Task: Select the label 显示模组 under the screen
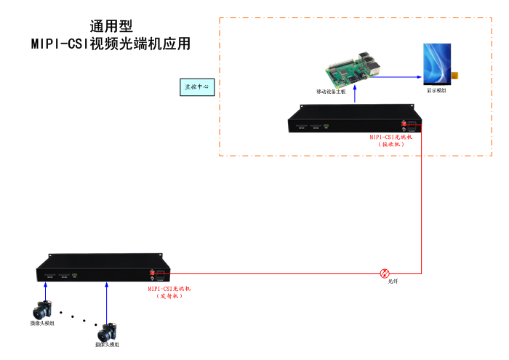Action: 437,91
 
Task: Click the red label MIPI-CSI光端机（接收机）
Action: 391,140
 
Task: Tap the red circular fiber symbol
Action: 385,273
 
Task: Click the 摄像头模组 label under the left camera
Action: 42,323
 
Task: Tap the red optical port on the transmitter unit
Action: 153,273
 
